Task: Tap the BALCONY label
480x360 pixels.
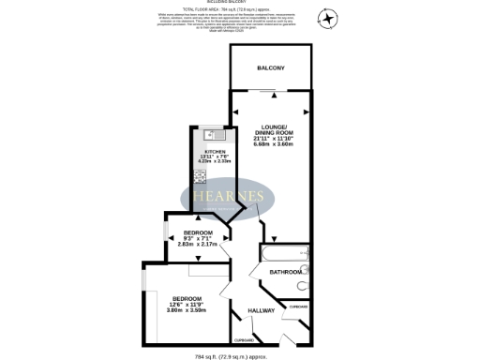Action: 271,68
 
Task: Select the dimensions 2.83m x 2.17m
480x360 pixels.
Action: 198,245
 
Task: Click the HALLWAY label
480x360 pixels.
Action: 261,310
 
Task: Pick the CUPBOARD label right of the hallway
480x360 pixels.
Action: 298,307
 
